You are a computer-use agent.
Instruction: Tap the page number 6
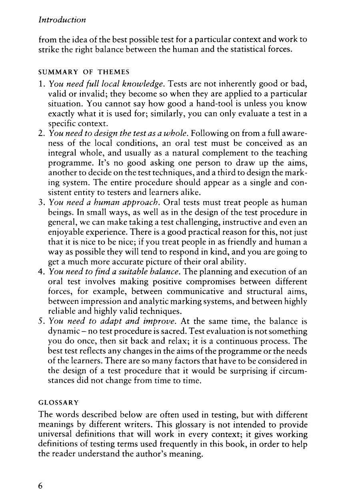coord(41,486)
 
